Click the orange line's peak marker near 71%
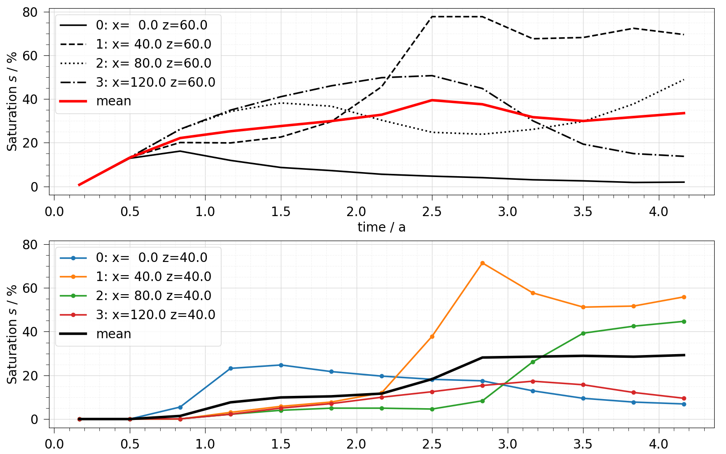[x=482, y=263]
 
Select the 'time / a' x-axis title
[x=381, y=227]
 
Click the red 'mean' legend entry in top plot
[x=113, y=101]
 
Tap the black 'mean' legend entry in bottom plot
[x=113, y=334]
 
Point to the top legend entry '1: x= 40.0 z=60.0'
[x=153, y=44]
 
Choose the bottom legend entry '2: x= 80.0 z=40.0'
[x=153, y=296]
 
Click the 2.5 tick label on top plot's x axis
[x=432, y=212]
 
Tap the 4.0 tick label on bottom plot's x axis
[x=658, y=444]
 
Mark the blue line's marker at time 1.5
[x=281, y=365]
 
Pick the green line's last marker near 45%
[x=684, y=321]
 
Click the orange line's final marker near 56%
[x=684, y=297]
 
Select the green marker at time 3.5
[x=583, y=333]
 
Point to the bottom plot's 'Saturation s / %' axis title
[x=12, y=334]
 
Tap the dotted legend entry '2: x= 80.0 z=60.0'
[x=153, y=63]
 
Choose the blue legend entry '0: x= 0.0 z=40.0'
[x=152, y=257]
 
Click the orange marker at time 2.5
[x=432, y=336]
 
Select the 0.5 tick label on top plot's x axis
[x=130, y=212]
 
